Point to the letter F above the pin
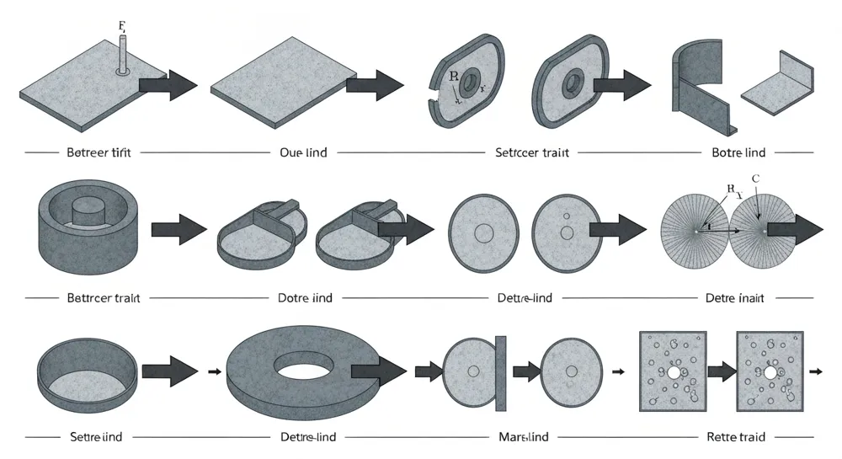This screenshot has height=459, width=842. coord(122,25)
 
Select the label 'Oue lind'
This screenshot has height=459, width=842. coord(303,153)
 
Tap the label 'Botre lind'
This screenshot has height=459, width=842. coord(738,153)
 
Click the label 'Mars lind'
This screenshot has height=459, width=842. coord(520,437)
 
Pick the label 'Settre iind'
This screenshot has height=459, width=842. coord(96,437)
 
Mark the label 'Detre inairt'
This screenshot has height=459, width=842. coord(733,298)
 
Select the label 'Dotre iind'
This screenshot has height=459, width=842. coord(305,298)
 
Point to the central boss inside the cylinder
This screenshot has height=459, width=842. coord(88,209)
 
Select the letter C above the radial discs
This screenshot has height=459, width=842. coord(755,179)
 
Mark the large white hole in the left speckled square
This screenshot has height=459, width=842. coord(674,372)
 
